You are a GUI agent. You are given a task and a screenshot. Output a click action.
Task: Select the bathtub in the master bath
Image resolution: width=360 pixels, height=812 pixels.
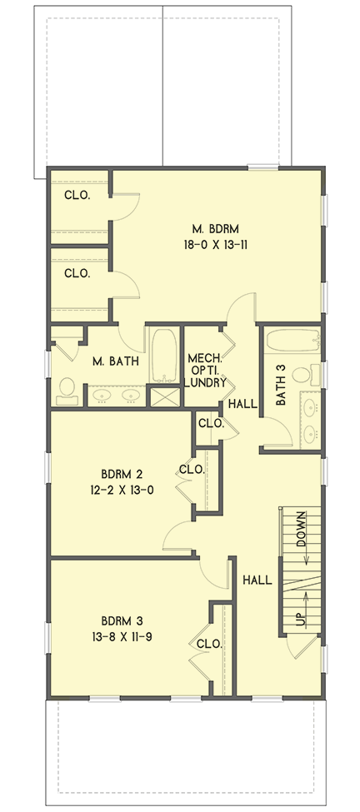(x=163, y=354)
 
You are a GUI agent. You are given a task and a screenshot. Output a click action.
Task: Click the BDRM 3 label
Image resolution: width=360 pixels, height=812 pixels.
(x=123, y=620)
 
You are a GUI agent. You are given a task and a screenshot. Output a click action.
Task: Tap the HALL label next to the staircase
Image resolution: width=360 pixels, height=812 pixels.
(x=257, y=580)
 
